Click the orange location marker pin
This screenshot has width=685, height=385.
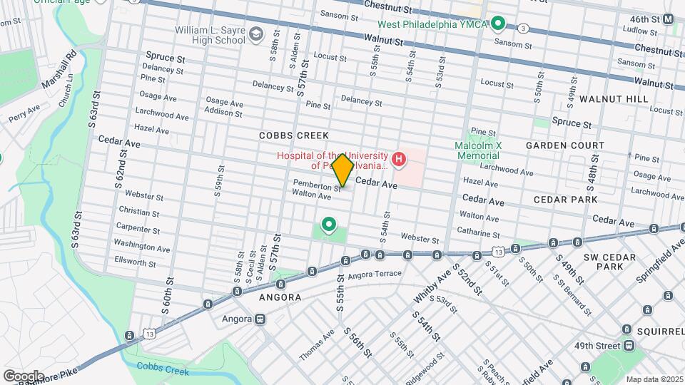[343, 170]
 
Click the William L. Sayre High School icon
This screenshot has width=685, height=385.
[255, 34]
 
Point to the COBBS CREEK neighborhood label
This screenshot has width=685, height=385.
[293, 135]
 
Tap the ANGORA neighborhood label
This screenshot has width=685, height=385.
[280, 297]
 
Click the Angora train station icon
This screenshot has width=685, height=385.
[260, 319]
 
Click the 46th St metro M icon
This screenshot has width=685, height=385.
[668, 19]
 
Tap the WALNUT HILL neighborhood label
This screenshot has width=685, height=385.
[614, 98]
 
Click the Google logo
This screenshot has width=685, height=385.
[23, 376]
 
